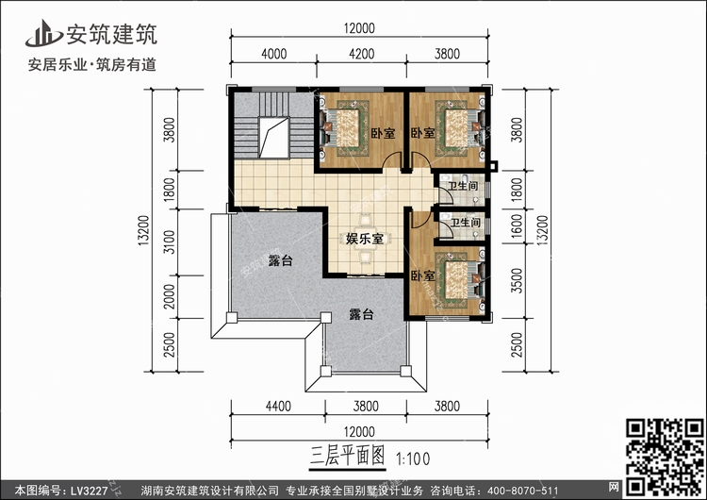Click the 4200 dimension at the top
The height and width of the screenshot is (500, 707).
[x=362, y=54]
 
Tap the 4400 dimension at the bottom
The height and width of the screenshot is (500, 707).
[x=278, y=407]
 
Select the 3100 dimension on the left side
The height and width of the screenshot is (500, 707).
[x=169, y=242]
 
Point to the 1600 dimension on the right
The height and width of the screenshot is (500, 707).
[x=517, y=225]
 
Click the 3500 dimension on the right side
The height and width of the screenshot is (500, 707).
[x=517, y=281]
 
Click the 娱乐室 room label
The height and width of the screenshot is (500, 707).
[x=364, y=239]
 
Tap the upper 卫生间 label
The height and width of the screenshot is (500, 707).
[x=463, y=186]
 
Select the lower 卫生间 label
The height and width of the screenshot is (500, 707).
[x=466, y=223]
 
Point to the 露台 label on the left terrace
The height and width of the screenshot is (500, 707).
[x=280, y=260]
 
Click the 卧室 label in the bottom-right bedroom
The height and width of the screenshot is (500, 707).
[x=422, y=275]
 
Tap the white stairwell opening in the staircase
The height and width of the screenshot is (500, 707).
[x=273, y=138]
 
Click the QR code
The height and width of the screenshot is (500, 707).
[x=665, y=458]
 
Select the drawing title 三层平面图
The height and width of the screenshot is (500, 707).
[x=347, y=456]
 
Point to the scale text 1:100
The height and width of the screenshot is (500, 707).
[x=413, y=459]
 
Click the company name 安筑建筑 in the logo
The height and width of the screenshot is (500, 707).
[x=112, y=34]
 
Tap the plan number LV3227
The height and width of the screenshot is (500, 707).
[x=89, y=491]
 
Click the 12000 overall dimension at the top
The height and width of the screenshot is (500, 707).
[x=359, y=28]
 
